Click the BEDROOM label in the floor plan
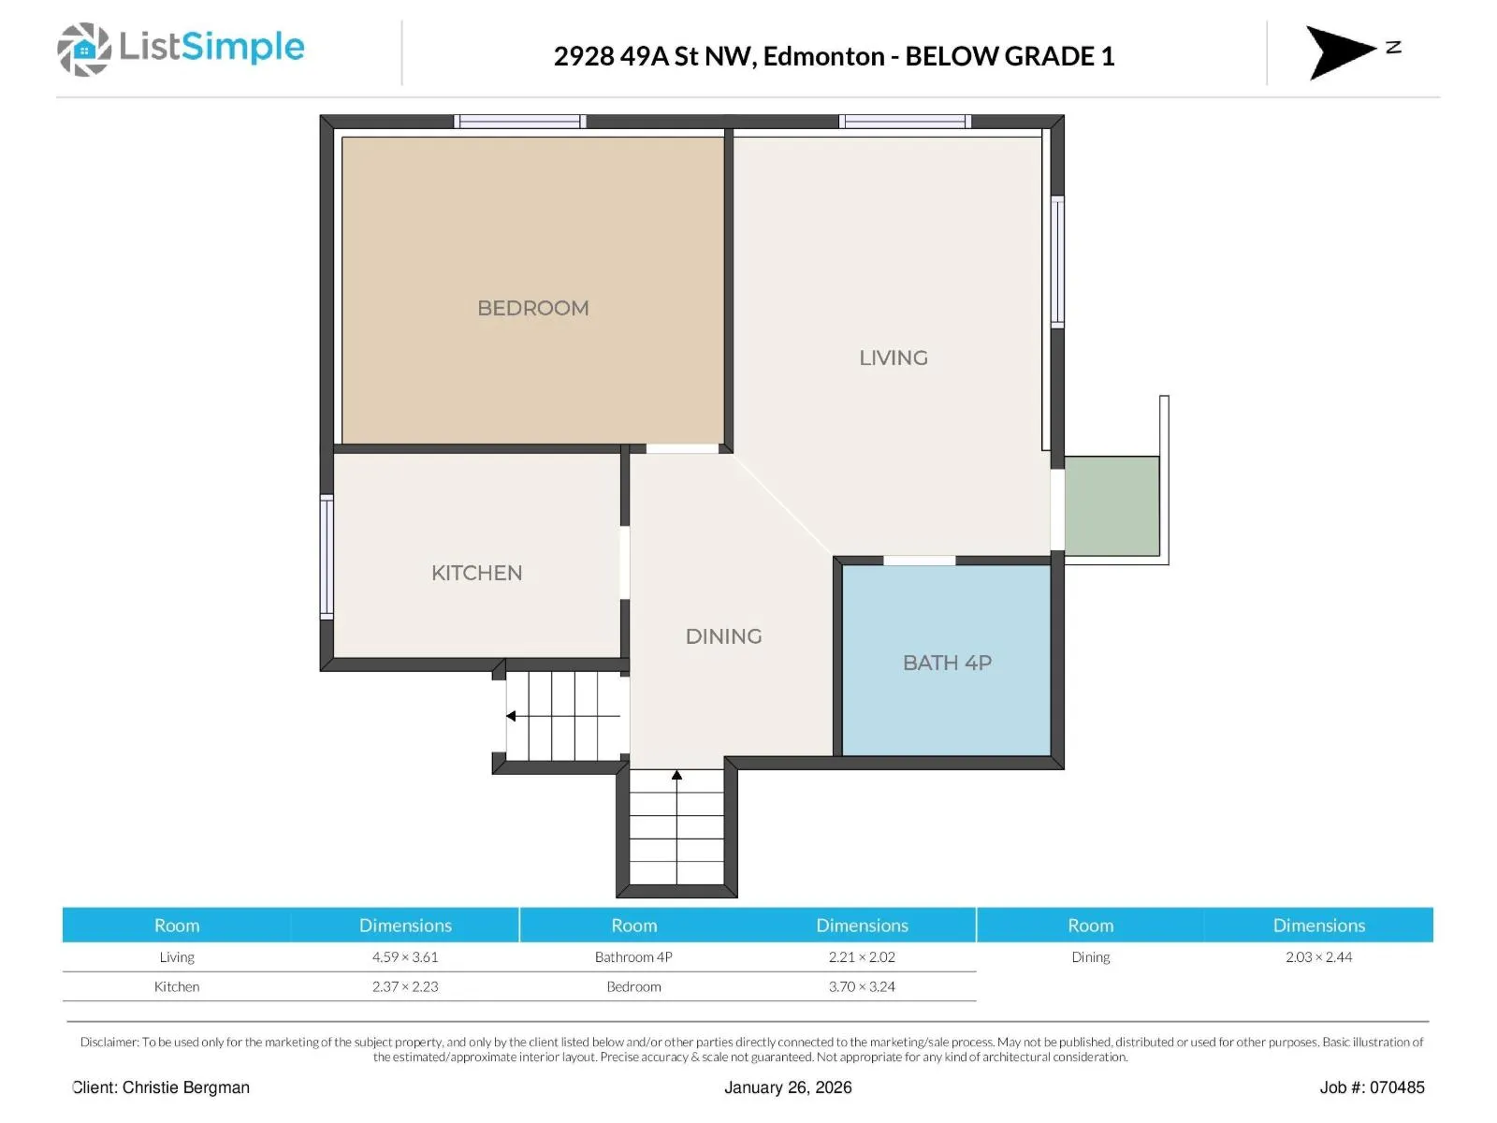pyautogui.click(x=532, y=308)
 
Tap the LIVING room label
pyautogui.click(x=894, y=358)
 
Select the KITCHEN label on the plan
pyautogui.click(x=477, y=573)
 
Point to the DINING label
pyautogui.click(x=723, y=636)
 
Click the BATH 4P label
pyautogui.click(x=947, y=663)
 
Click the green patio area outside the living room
pyautogui.click(x=1112, y=506)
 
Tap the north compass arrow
pyautogui.click(x=1340, y=51)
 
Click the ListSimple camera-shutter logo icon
pyautogui.click(x=84, y=49)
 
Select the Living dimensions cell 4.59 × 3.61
pyautogui.click(x=405, y=956)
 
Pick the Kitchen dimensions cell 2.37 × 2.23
pyautogui.click(x=405, y=986)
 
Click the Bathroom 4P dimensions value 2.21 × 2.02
pyautogui.click(x=862, y=956)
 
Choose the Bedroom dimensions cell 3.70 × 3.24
pyautogui.click(x=862, y=986)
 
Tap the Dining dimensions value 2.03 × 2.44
pyautogui.click(x=1319, y=956)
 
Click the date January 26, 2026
pyautogui.click(x=788, y=1087)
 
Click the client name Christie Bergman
pyautogui.click(x=185, y=1087)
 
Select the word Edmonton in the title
pyautogui.click(x=824, y=56)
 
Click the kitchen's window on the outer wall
pyautogui.click(x=327, y=557)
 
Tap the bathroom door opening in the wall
pyautogui.click(x=920, y=561)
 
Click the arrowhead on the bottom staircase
pyautogui.click(x=676, y=775)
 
